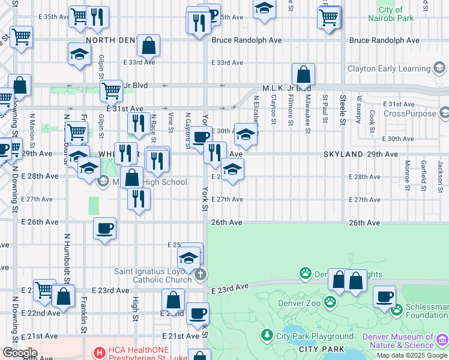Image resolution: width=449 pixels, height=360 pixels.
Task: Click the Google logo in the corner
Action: pyautogui.click(x=19, y=353)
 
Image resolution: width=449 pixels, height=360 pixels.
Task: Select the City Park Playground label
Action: pyautogui.click(x=315, y=336)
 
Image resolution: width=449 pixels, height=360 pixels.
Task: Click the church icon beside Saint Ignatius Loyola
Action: pyautogui.click(x=200, y=275)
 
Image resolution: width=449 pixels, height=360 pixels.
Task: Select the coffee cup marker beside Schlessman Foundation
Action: pyautogui.click(x=384, y=296)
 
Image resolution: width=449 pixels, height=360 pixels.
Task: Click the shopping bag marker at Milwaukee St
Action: pyautogui.click(x=304, y=75)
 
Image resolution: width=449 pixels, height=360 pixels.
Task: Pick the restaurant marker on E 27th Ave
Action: pyautogui.click(x=139, y=200)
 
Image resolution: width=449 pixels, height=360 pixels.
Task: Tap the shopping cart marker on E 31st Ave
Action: pyautogui.click(x=111, y=92)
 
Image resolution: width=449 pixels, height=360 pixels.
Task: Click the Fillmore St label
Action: pyautogui.click(x=291, y=110)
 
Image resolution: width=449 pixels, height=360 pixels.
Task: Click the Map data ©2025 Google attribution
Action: pyautogui.click(x=412, y=355)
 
